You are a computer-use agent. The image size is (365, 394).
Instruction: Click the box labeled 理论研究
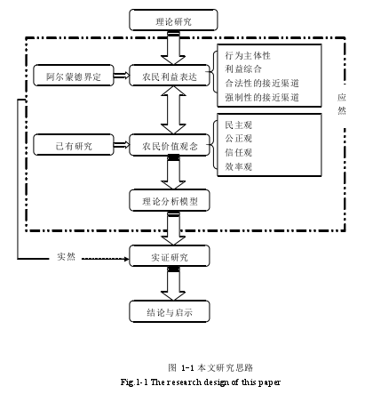pyautogui.click(x=173, y=20)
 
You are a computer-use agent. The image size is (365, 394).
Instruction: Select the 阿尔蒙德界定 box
pyautogui.click(x=74, y=76)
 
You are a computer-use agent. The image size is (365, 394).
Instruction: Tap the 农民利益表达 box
pyautogui.click(x=170, y=76)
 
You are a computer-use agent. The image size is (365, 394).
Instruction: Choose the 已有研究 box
pyautogui.click(x=74, y=145)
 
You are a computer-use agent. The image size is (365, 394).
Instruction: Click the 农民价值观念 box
pyautogui.click(x=170, y=145)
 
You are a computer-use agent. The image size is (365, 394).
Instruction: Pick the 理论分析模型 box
pyautogui.click(x=170, y=200)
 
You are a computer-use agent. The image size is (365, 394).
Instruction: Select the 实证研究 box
pyautogui.click(x=170, y=256)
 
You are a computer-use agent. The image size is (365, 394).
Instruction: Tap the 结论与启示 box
pyautogui.click(x=170, y=311)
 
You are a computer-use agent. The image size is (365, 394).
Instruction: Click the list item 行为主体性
pyautogui.click(x=248, y=55)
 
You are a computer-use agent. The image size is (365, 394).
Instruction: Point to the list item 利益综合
pyautogui.click(x=243, y=69)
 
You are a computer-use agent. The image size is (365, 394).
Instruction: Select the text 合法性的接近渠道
pyautogui.click(x=262, y=83)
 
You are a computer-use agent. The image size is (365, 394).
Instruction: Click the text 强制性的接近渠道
pyautogui.click(x=262, y=97)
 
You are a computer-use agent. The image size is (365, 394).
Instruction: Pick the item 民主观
pyautogui.click(x=239, y=125)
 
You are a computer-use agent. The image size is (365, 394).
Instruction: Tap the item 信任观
pyautogui.click(x=239, y=152)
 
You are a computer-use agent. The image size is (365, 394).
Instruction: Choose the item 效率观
pyautogui.click(x=239, y=166)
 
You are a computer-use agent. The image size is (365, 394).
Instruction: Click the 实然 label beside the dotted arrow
pyautogui.click(x=67, y=256)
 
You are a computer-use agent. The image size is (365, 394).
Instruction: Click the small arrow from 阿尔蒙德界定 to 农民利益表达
pyautogui.click(x=122, y=76)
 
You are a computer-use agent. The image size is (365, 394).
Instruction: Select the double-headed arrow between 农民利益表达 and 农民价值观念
pyautogui.click(x=173, y=110)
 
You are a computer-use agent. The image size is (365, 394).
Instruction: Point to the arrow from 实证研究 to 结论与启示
pyautogui.click(x=173, y=284)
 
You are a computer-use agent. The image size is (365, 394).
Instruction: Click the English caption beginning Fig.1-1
pyautogui.click(x=201, y=382)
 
